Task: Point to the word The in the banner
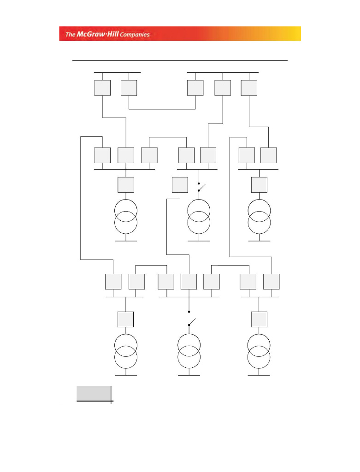(70, 34)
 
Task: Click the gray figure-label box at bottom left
(94, 394)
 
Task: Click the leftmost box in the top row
(102, 88)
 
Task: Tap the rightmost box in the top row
(249, 88)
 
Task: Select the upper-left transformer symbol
(126, 216)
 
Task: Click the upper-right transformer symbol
(260, 216)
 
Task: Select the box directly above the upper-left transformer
(126, 184)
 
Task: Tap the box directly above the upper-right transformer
(260, 184)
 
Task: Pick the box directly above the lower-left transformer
(125, 319)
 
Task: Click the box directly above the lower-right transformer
(259, 319)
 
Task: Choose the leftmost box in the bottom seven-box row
(113, 282)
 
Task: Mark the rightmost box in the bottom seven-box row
(271, 282)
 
